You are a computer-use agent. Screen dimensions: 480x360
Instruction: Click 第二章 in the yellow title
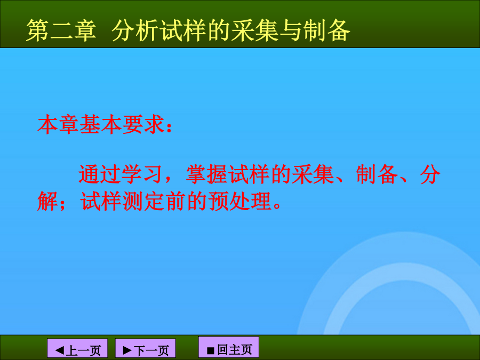pyautogui.click(x=61, y=30)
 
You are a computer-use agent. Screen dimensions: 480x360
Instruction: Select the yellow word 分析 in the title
pyautogui.click(x=135, y=30)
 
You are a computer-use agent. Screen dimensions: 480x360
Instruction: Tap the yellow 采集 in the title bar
pyautogui.click(x=254, y=30)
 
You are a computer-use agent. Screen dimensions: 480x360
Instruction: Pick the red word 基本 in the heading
pyautogui.click(x=100, y=125)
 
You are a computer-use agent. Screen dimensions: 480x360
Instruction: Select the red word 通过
pyautogui.click(x=100, y=174)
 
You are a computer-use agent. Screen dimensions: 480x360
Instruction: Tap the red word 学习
pyautogui.click(x=142, y=174)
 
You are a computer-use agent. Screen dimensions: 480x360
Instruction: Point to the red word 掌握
pyautogui.click(x=207, y=174)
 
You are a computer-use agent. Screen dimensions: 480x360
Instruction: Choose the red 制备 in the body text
pyautogui.click(x=377, y=174)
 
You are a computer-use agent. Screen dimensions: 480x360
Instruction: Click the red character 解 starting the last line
pyautogui.click(x=47, y=201)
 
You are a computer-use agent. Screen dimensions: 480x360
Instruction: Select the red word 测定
pyautogui.click(x=143, y=201)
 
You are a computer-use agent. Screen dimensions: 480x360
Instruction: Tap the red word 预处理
pyautogui.click(x=239, y=201)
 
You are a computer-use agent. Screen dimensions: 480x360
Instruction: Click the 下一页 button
pyautogui.click(x=146, y=349)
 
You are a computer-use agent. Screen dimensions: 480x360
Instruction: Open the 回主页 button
pyautogui.click(x=229, y=347)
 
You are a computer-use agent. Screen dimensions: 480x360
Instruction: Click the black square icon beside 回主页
pyautogui.click(x=211, y=350)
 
